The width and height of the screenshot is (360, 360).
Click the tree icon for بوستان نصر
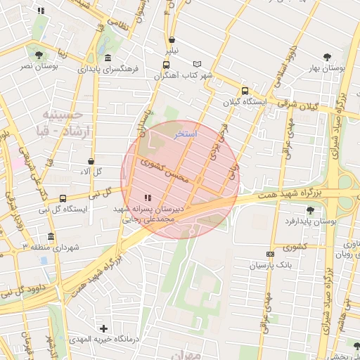tap(37, 54)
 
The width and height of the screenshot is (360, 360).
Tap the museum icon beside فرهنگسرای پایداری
tap(107, 58)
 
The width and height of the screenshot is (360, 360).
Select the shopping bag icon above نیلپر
tap(172, 39)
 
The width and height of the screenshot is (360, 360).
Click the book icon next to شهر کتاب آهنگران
tap(197, 64)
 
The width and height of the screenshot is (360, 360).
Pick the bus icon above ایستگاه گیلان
tap(245, 91)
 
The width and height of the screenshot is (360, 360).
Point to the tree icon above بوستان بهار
tap(327, 57)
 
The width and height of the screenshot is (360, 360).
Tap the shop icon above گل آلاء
tap(92, 161)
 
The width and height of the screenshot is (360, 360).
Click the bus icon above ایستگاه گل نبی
tap(63, 198)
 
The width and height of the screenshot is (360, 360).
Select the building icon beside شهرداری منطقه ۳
tap(50, 237)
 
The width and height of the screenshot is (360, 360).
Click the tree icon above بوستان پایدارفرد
tap(310, 210)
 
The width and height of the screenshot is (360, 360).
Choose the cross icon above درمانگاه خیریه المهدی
tap(104, 328)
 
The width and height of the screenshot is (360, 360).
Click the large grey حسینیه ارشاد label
tap(63, 123)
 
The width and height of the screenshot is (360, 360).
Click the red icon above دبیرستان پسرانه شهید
tap(147, 198)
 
